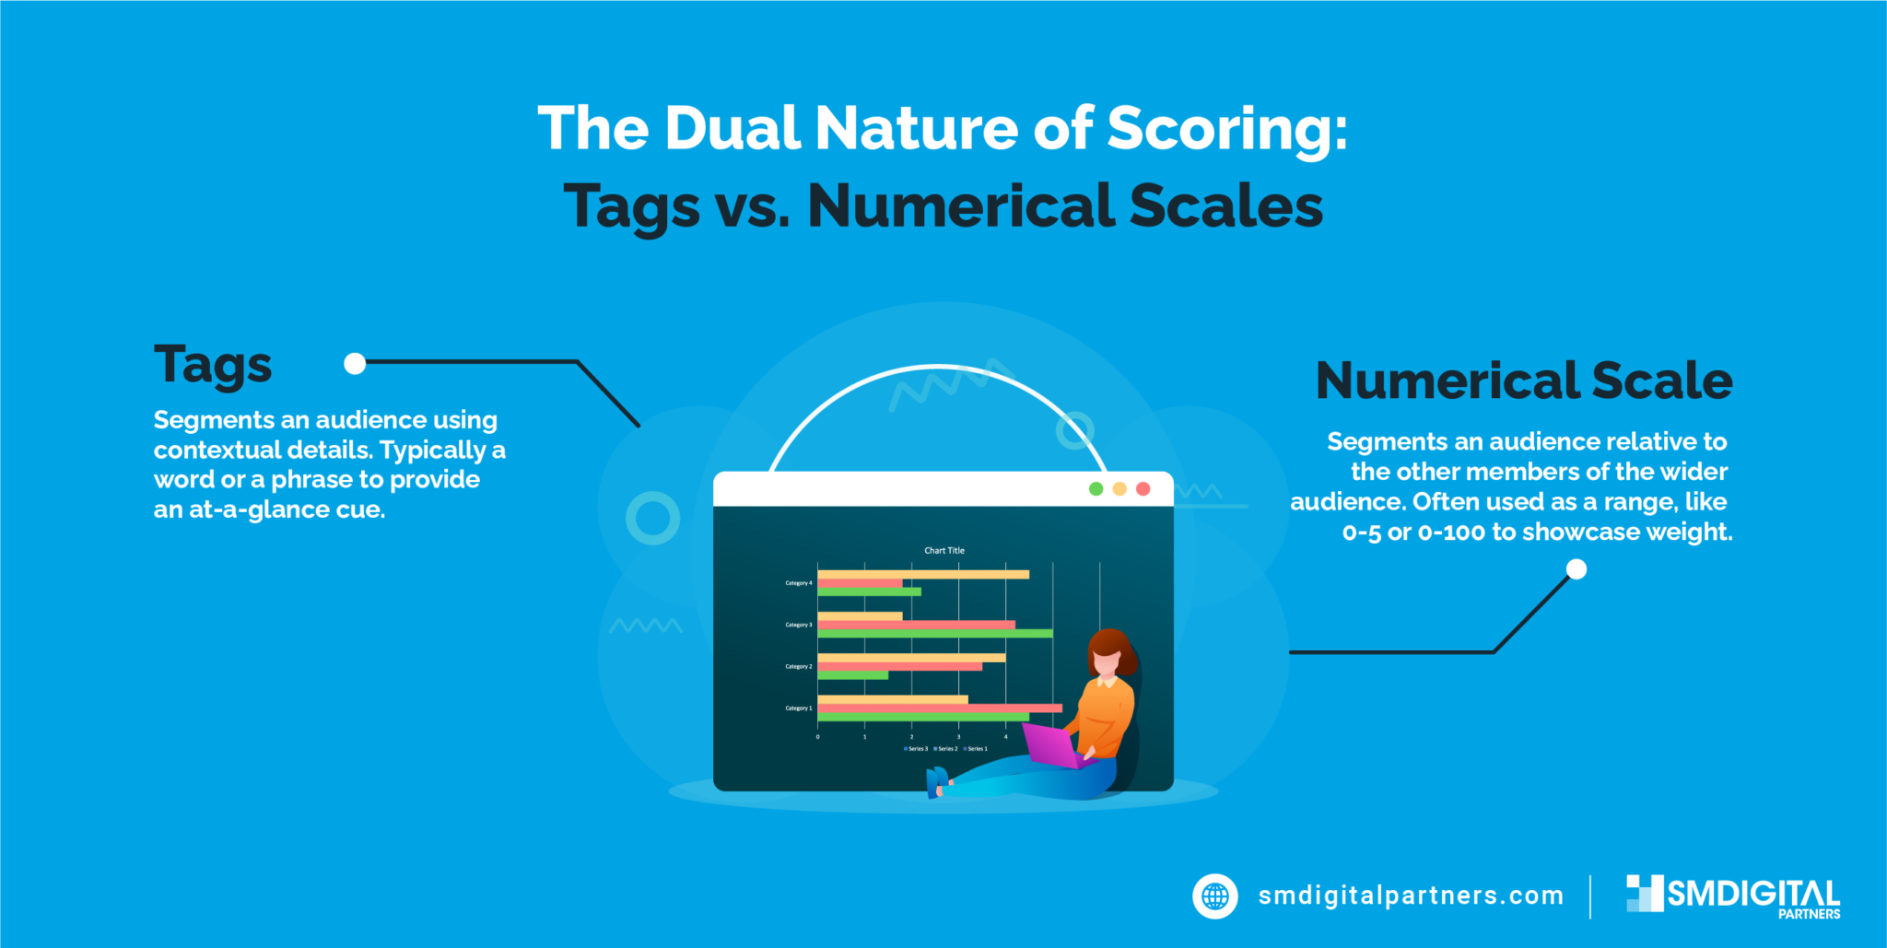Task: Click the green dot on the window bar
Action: coord(1096,488)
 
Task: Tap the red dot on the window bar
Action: coord(1143,488)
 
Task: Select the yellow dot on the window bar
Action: coord(1119,488)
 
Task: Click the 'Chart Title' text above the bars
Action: coord(944,550)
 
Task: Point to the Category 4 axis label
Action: coord(798,583)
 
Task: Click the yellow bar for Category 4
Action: coord(922,574)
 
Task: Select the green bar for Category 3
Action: coord(934,634)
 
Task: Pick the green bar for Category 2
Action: coord(852,675)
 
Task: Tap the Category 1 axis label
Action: coord(798,708)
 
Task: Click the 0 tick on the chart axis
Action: coord(817,737)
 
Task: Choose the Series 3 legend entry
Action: coord(916,749)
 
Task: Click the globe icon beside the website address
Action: coord(1215,895)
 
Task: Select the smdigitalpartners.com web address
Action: coord(1411,895)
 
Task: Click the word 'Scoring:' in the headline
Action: coord(1226,128)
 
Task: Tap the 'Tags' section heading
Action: coord(213,365)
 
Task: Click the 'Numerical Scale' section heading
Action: coord(1524,380)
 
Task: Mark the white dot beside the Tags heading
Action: coord(355,364)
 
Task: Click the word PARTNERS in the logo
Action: coord(1809,914)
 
